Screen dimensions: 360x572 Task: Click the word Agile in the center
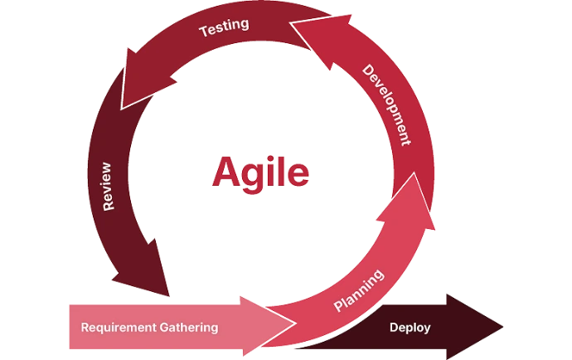click(260, 173)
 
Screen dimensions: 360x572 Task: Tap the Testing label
click(224, 27)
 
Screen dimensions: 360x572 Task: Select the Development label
click(386, 104)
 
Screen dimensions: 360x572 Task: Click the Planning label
click(358, 289)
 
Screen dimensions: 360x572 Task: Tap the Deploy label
click(410, 327)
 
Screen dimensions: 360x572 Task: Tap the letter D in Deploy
click(394, 327)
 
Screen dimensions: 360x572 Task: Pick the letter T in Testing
click(204, 33)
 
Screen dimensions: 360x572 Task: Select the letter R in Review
click(108, 207)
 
